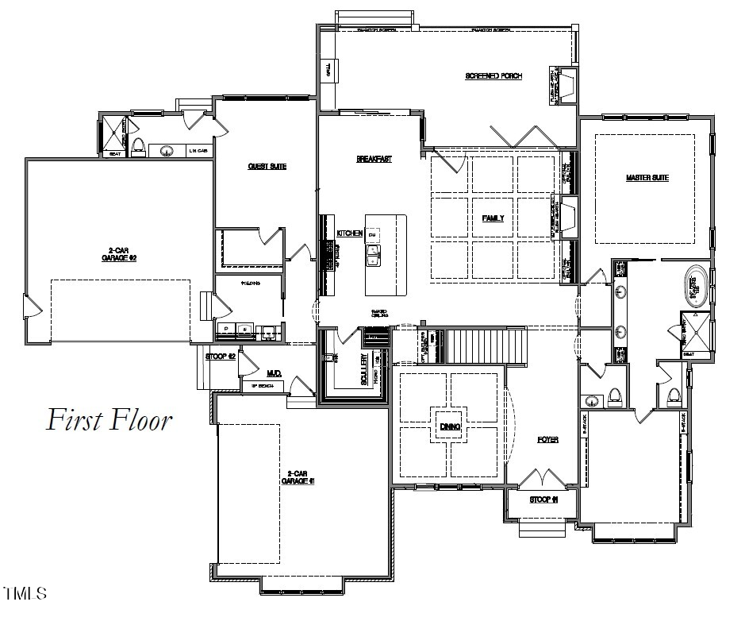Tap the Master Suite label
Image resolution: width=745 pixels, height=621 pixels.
(x=647, y=178)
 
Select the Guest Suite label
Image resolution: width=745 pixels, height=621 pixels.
(x=267, y=167)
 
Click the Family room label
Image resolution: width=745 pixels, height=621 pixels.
(x=493, y=218)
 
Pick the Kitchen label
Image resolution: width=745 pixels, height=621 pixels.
(x=349, y=233)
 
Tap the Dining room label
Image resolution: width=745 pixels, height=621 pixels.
(x=450, y=427)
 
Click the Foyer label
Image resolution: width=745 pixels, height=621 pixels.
(x=547, y=439)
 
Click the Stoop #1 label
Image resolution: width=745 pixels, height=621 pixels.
(x=543, y=500)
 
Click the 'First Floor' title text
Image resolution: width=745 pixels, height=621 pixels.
(x=109, y=419)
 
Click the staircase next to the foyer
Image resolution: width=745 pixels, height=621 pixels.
(x=486, y=345)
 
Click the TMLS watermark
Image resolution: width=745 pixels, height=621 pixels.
(x=25, y=593)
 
